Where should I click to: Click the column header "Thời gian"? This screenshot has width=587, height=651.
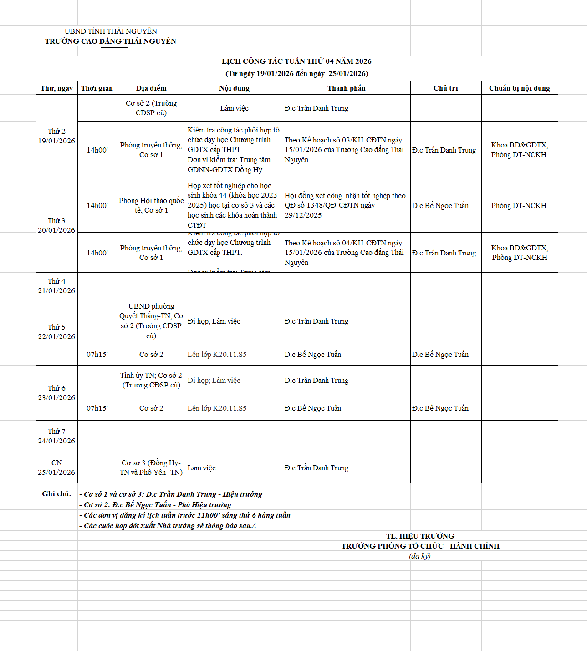click(x=97, y=88)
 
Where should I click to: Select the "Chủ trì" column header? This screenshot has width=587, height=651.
click(x=445, y=88)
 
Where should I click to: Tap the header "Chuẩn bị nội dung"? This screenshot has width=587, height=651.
click(x=519, y=88)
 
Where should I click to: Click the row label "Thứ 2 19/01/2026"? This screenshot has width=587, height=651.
click(x=56, y=136)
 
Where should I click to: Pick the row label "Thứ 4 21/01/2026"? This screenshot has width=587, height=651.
click(x=56, y=286)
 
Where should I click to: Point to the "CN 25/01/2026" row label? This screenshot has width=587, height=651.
click(x=56, y=468)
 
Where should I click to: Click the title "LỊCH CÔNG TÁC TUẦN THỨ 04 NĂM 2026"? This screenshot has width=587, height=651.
click(x=296, y=61)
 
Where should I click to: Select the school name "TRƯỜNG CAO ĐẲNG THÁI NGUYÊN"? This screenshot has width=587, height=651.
click(x=111, y=41)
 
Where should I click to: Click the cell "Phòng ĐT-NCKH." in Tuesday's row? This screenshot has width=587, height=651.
click(x=519, y=206)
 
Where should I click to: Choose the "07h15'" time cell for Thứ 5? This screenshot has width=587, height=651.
click(x=97, y=355)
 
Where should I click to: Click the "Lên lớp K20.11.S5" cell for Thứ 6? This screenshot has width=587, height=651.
click(x=217, y=408)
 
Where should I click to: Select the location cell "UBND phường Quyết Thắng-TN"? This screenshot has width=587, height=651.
click(x=151, y=321)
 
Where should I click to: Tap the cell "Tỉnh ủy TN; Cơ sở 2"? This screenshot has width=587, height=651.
click(x=151, y=380)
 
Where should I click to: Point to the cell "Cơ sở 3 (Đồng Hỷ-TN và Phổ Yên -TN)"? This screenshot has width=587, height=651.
click(x=151, y=468)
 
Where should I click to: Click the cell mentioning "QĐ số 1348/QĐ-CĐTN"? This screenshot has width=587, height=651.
click(x=345, y=205)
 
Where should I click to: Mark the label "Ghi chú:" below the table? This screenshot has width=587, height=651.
click(x=56, y=494)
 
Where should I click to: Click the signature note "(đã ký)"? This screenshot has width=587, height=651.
click(x=419, y=556)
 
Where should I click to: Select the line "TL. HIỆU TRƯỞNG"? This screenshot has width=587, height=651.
click(x=420, y=536)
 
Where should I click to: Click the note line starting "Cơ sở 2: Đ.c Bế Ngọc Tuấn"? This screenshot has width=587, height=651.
click(x=158, y=505)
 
